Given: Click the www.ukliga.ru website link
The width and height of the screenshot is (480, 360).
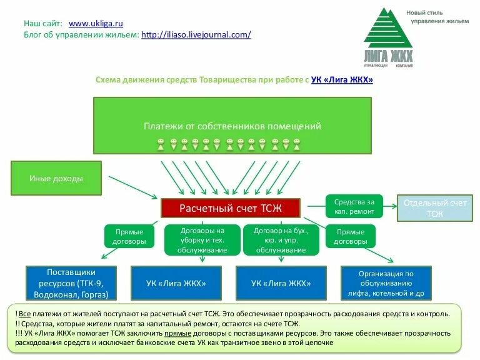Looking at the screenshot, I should tap(96, 23).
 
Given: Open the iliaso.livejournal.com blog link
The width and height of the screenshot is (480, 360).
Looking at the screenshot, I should tap(196, 35).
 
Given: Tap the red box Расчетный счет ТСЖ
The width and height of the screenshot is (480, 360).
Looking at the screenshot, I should tap(231, 207).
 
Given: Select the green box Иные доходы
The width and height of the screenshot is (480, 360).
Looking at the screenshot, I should tap(56, 178).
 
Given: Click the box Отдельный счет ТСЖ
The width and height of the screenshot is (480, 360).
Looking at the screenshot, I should tap(435, 208).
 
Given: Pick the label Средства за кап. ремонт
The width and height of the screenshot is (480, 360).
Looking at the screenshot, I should tap(354, 207).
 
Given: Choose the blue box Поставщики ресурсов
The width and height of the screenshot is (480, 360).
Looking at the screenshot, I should tap(71, 283).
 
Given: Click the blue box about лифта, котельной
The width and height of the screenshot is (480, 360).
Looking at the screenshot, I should tap(386, 283).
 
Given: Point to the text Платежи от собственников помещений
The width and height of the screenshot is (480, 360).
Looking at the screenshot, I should tap(232, 126).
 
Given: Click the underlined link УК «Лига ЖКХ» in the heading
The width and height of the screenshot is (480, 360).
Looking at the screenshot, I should tap(342, 80).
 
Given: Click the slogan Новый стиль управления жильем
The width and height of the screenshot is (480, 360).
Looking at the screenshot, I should tap(437, 17).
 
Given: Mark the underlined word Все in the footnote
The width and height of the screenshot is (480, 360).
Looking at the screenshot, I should tap(24, 314).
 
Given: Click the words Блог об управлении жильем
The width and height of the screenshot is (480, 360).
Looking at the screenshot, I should tap(81, 35).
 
